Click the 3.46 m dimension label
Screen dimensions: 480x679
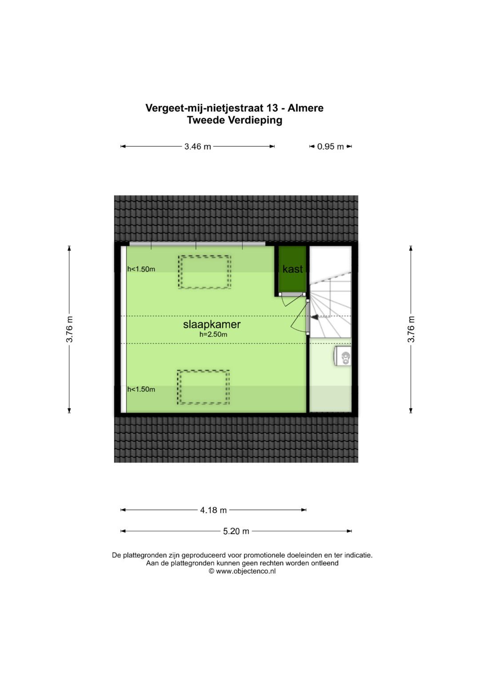coord(198,147)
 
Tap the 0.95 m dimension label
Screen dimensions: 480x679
coord(330,147)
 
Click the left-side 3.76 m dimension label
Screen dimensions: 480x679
coord(70,329)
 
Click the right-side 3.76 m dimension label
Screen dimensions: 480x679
coord(411,329)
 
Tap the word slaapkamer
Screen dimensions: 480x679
coord(212,324)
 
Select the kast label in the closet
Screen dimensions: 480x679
coord(292,269)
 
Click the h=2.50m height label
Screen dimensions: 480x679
coord(213,335)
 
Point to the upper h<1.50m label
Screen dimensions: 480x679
coord(141,269)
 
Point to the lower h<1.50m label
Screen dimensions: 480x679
coord(141,389)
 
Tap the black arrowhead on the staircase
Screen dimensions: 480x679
coord(315,317)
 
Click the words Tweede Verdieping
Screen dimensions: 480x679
coord(235,121)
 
